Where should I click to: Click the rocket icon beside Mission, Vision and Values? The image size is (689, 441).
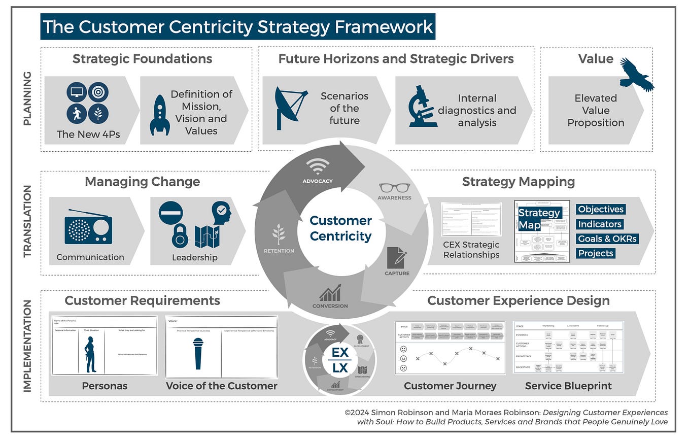[x=159, y=115]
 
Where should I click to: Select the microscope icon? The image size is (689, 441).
[x=423, y=106]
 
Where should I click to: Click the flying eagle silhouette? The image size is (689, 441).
[x=636, y=75]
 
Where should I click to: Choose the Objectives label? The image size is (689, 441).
[x=600, y=209]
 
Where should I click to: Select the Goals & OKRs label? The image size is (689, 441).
[x=607, y=239]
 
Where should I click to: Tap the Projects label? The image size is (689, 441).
[x=596, y=253]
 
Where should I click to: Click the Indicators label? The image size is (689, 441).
[x=600, y=224]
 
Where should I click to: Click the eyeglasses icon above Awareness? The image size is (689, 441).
[x=394, y=187]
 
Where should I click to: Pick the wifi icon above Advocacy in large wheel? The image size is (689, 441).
[x=318, y=166]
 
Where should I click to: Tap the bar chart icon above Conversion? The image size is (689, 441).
[x=330, y=293]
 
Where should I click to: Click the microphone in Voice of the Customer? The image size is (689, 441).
[x=198, y=353]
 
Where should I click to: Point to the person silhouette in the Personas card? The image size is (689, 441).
[x=90, y=354]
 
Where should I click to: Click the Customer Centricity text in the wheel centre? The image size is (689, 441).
[x=340, y=228]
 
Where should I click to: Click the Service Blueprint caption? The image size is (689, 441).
[x=568, y=386]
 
